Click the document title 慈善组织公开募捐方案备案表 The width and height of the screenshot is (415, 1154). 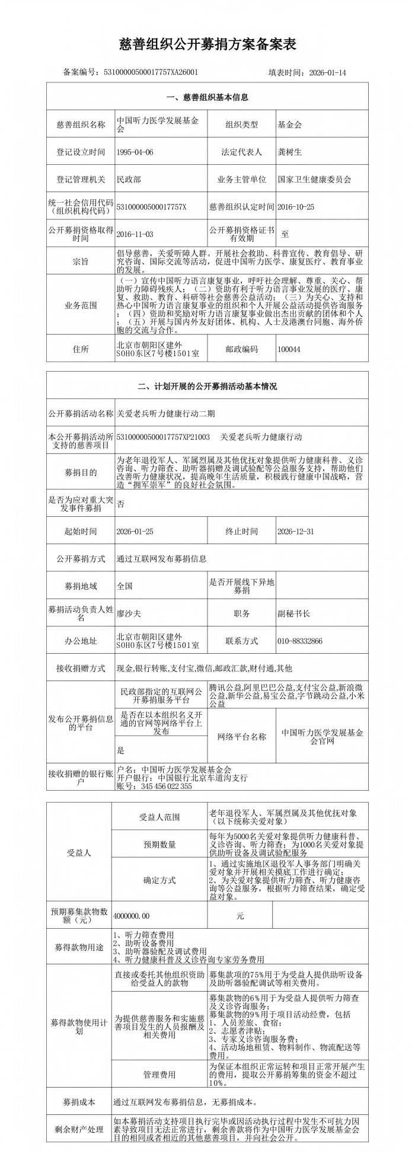coord(207,44)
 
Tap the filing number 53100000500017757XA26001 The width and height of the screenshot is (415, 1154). coord(151,72)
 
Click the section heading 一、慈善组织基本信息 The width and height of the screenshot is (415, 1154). coord(207,97)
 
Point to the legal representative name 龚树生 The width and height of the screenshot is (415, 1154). coord(290,152)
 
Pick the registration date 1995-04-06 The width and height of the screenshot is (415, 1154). coord(135,152)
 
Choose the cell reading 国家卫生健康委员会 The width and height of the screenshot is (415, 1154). coord(314,180)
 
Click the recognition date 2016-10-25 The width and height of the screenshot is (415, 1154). coord(296,207)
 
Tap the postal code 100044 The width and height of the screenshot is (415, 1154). coord(289,349)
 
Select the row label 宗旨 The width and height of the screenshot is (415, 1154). coord(81,261)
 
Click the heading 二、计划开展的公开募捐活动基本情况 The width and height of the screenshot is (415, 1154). coord(207,386)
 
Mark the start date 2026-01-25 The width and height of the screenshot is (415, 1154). coord(135,532)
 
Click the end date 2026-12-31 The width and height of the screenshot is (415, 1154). coord(296,532)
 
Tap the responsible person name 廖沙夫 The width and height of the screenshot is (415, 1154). coord(129,613)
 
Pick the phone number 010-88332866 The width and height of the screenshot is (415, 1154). coord(300,641)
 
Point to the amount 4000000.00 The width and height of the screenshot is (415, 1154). coord(132,916)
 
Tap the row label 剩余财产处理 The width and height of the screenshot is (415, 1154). coord(79,1130)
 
